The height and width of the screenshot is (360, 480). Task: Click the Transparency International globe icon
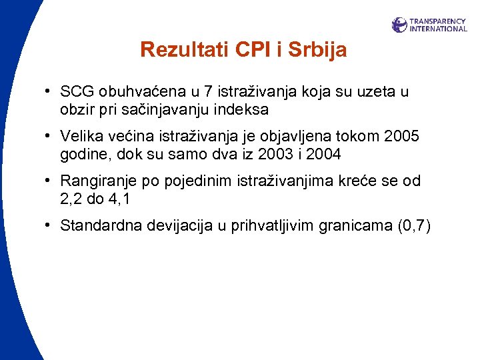point(399,25)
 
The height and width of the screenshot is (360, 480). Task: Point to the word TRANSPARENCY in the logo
point(438,21)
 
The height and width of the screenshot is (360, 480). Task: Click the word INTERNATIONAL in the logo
point(438,29)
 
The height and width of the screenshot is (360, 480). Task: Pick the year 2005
point(402,137)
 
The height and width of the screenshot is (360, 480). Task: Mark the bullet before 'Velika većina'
point(49,137)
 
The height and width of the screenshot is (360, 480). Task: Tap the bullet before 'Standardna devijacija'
point(49,226)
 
